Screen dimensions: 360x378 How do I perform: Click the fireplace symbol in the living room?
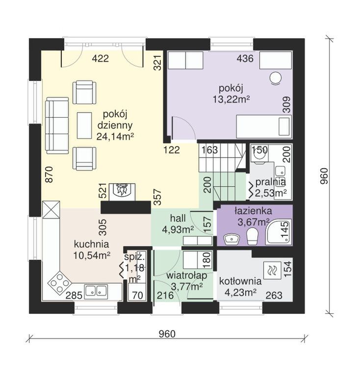point(122,192)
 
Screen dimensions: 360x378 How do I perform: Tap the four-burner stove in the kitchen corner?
point(60,282)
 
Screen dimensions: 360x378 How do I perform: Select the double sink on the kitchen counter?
point(96,292)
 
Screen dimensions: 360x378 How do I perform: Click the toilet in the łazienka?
point(253,236)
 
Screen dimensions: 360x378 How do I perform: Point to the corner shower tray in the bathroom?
point(279,232)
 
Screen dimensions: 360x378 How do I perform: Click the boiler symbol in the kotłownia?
point(272,270)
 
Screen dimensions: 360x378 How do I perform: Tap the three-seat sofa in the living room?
point(57,126)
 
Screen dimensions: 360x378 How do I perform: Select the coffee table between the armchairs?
point(84,126)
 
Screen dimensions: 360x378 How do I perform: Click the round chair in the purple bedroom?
point(275,78)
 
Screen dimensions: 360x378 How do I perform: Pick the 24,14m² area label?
point(115,137)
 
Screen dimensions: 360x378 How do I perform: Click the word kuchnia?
point(91,244)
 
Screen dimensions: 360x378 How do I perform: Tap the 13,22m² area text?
point(231,99)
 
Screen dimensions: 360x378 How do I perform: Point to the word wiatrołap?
point(187,276)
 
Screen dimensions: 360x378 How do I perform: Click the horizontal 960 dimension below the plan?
point(167,334)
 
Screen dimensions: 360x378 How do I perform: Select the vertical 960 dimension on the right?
point(324,176)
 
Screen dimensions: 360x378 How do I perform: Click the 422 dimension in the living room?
point(101,58)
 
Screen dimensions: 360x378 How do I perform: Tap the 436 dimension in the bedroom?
point(245,58)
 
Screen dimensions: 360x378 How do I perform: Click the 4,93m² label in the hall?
point(178,230)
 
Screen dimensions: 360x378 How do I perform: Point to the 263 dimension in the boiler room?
point(274,295)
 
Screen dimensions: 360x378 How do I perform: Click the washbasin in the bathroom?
point(231,239)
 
